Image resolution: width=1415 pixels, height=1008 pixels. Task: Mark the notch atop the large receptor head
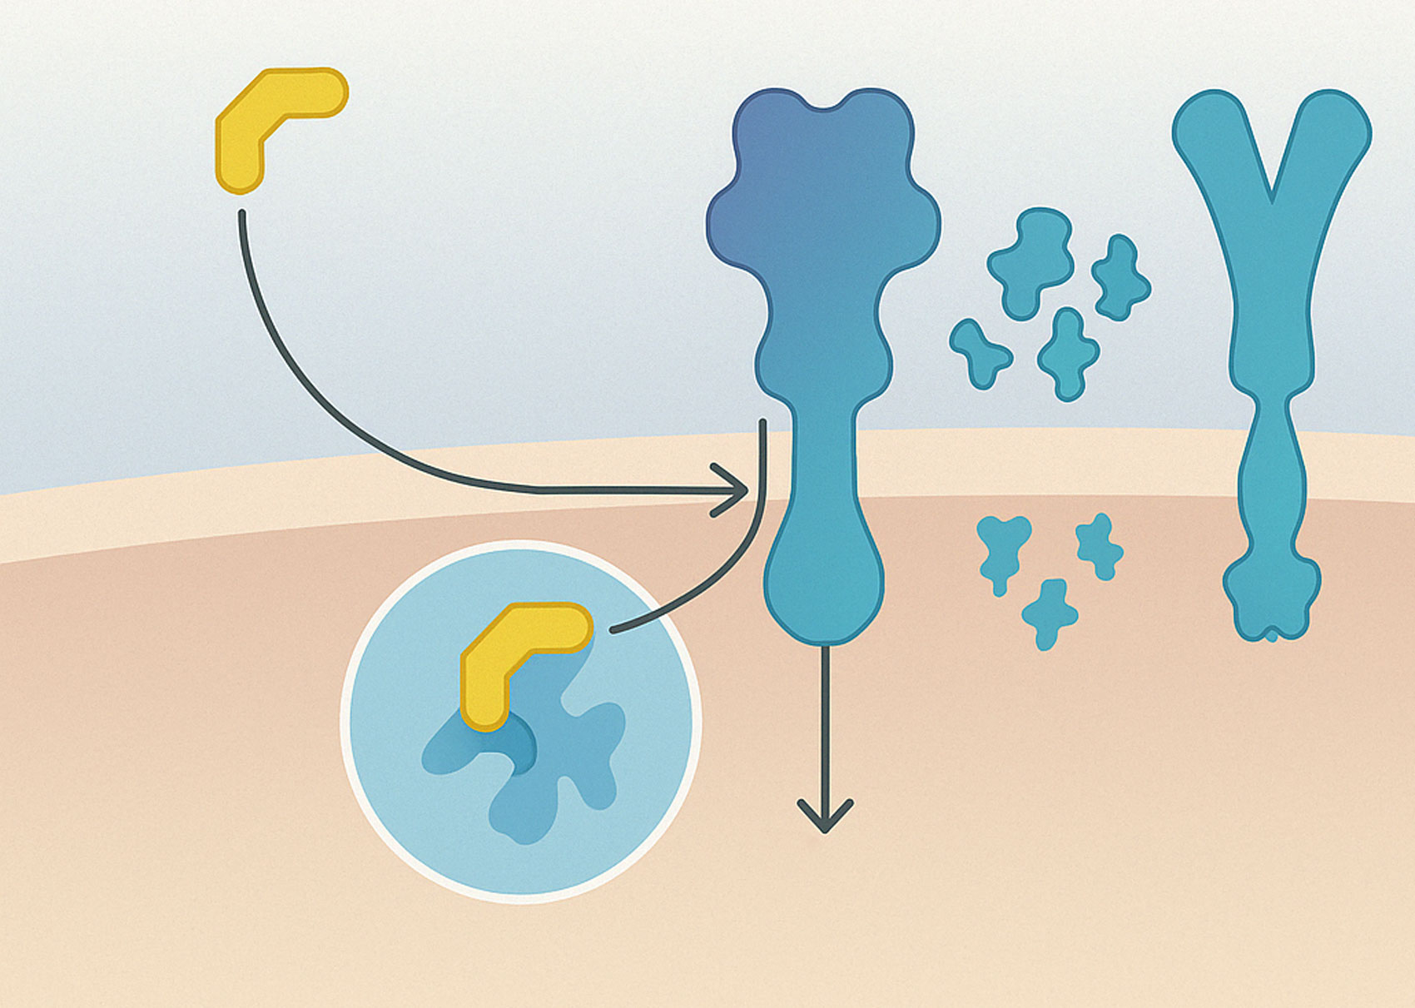click(824, 104)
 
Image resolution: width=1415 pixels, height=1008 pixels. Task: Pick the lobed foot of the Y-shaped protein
click(1271, 599)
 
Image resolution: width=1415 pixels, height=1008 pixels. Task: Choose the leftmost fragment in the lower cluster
click(1001, 549)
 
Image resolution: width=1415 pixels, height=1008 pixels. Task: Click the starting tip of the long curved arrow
click(241, 215)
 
